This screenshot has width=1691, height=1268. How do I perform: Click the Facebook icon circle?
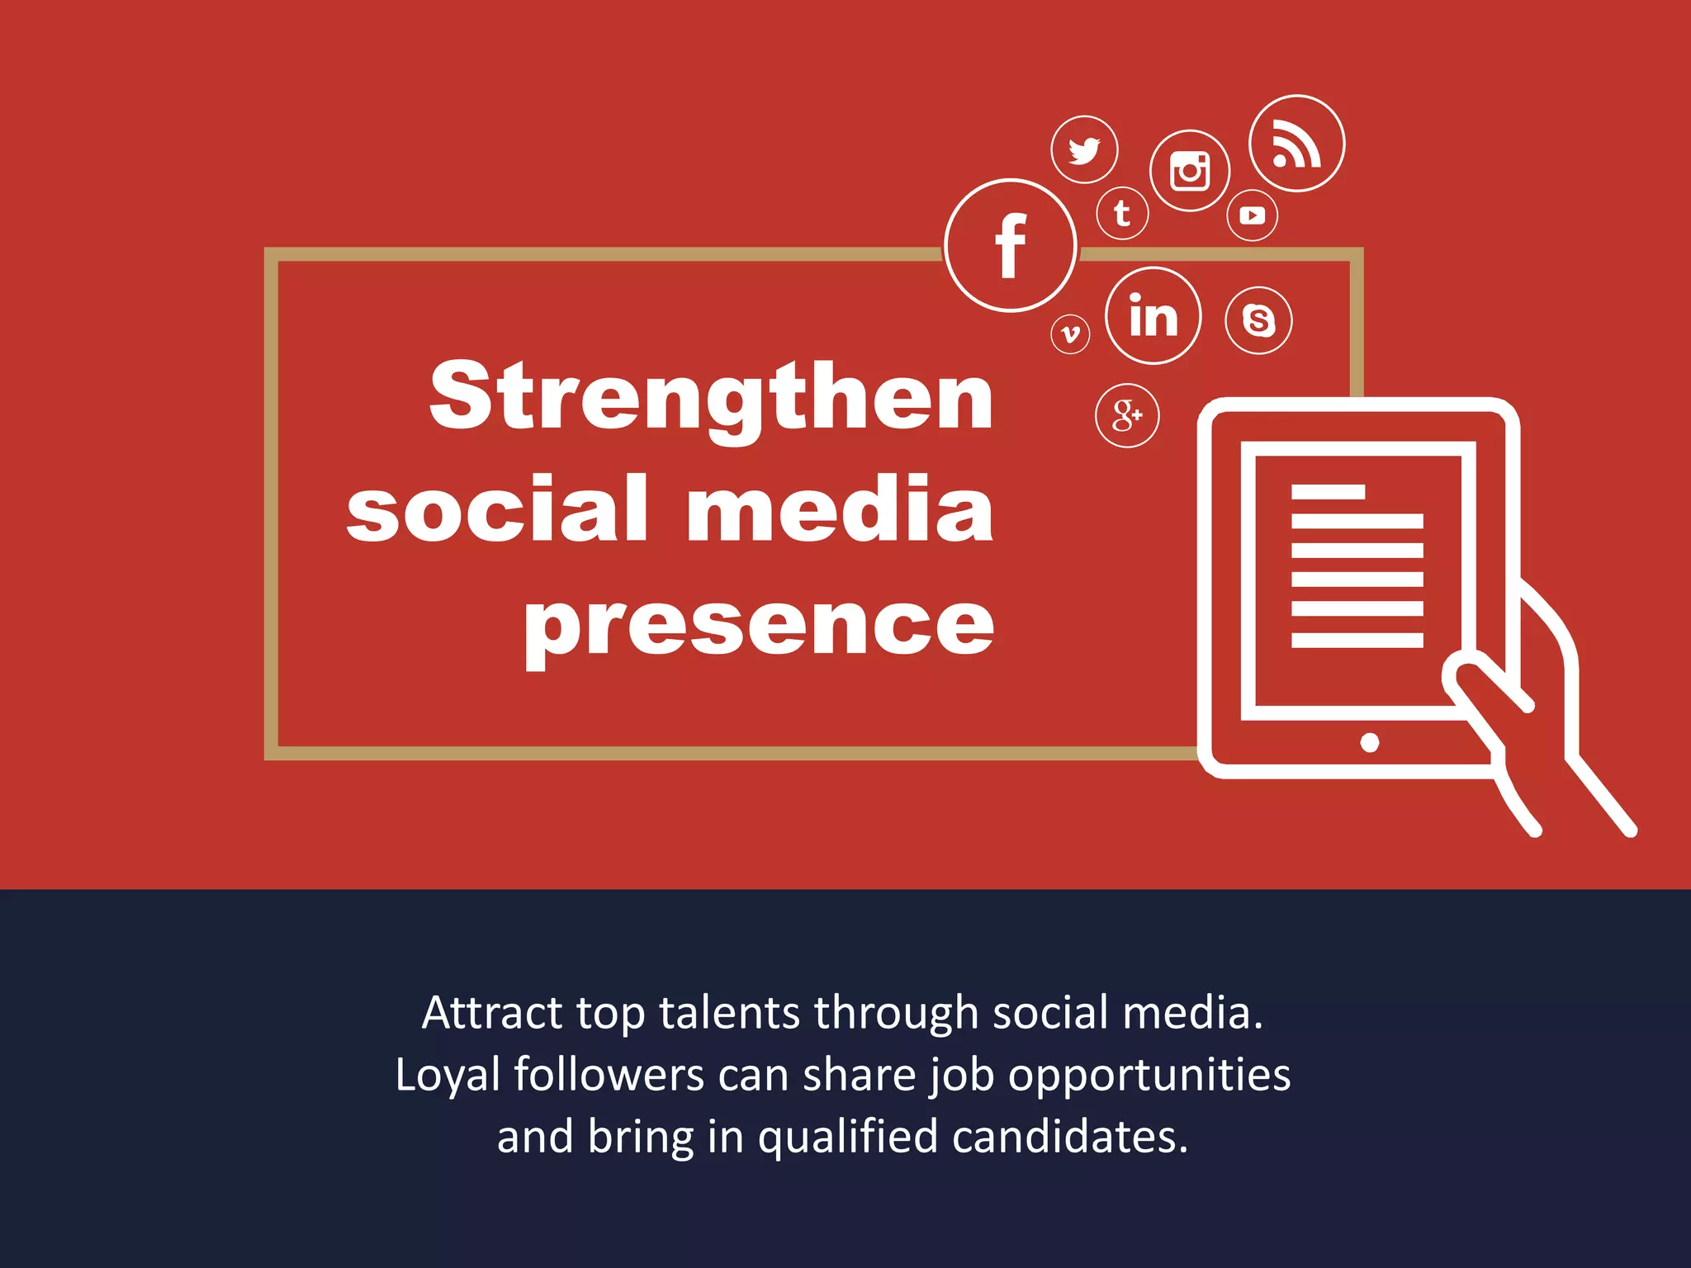tap(1011, 245)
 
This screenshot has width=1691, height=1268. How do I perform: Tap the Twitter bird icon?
tap(1084, 150)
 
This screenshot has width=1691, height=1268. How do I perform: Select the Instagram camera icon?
tap(1190, 171)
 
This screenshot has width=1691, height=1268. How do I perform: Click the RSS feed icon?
tap(1296, 144)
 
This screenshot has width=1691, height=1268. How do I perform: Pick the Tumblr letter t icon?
tap(1122, 214)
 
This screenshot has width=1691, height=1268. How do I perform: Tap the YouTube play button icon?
tap(1253, 215)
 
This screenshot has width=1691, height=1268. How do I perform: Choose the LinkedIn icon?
tap(1153, 315)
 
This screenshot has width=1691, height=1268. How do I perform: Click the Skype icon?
tap(1258, 320)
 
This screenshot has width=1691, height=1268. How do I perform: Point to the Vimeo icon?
tap(1070, 334)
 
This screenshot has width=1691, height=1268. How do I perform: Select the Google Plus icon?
tap(1127, 415)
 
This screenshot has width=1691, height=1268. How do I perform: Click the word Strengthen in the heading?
tap(711, 398)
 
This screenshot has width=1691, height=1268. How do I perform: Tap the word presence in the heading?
tap(759, 625)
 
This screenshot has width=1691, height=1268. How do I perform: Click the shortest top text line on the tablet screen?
tap(1328, 493)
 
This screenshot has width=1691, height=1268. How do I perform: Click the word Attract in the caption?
tap(492, 1013)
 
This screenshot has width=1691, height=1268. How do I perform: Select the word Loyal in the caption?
tap(448, 1076)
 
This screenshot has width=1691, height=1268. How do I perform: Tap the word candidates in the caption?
tap(1070, 1138)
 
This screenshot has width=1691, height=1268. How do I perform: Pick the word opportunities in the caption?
tap(1149, 1076)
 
